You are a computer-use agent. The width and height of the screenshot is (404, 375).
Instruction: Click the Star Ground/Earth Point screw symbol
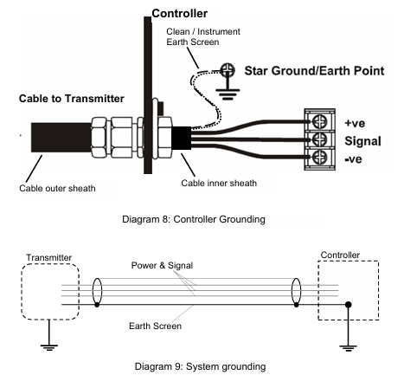click(x=228, y=70)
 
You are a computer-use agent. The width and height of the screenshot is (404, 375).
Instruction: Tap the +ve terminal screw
click(x=319, y=121)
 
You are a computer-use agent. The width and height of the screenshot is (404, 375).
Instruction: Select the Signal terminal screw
click(x=319, y=139)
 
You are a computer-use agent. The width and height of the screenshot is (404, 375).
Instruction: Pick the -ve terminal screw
click(x=319, y=158)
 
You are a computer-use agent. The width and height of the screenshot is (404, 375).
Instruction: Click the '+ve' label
click(x=355, y=123)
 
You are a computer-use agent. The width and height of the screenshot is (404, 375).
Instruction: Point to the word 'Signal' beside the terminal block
click(x=362, y=141)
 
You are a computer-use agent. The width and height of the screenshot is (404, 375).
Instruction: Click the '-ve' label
click(x=353, y=159)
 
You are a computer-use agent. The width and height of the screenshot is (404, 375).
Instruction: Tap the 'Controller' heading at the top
click(x=179, y=13)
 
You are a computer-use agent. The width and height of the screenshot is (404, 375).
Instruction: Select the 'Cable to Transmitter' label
click(x=72, y=99)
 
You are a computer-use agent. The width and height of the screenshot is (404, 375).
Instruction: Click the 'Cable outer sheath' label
click(x=57, y=188)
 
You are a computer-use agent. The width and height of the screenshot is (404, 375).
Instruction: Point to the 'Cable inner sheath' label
click(x=219, y=183)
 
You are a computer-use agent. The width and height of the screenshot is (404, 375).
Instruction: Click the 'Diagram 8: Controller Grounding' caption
click(x=194, y=219)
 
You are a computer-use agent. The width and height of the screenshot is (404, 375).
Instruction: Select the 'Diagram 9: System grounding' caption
click(x=200, y=366)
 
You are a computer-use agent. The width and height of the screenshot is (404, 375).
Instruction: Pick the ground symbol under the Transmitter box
click(x=49, y=347)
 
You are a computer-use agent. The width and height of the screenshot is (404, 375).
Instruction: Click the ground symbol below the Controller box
click(x=348, y=347)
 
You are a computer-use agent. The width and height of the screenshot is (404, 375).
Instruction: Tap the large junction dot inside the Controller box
click(x=349, y=304)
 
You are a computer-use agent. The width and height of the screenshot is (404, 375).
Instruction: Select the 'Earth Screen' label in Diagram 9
click(x=155, y=326)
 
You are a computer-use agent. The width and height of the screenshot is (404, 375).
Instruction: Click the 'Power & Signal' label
click(x=162, y=265)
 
